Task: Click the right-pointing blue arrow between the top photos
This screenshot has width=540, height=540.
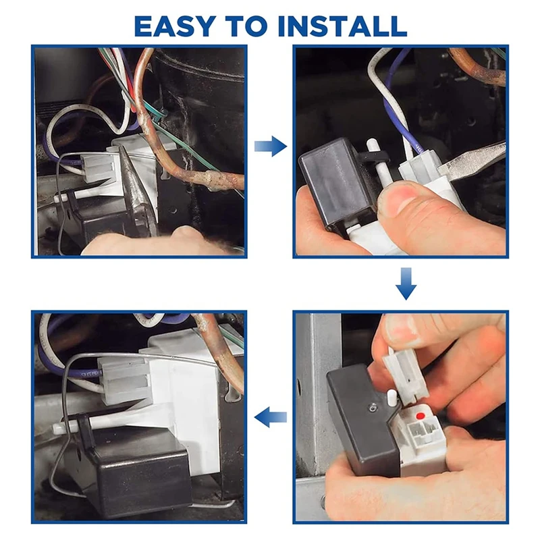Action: (x=270, y=146)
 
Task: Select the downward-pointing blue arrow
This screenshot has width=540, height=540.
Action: (x=406, y=283)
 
